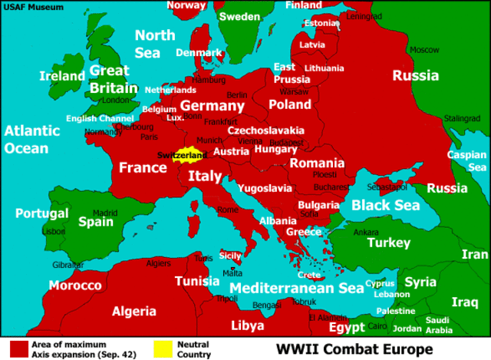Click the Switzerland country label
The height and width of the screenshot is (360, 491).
click(x=181, y=156)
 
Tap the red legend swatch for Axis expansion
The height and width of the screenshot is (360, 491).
click(x=19, y=349)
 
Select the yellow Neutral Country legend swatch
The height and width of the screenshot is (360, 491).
click(x=162, y=349)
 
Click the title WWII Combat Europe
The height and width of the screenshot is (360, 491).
click(x=354, y=349)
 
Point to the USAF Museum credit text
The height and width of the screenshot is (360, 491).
click(x=30, y=7)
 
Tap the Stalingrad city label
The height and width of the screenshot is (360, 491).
click(x=463, y=118)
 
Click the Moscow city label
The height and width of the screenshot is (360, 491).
click(x=424, y=50)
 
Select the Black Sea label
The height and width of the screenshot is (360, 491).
click(x=386, y=205)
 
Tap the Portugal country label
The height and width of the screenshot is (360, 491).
click(x=42, y=213)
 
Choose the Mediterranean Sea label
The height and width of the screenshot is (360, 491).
click(x=297, y=288)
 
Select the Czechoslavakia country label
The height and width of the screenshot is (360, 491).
click(x=265, y=130)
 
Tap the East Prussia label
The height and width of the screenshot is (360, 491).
click(x=292, y=73)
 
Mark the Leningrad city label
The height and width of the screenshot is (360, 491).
click(x=364, y=16)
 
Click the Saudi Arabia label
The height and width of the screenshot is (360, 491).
click(x=439, y=325)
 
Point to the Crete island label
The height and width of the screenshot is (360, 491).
click(x=309, y=275)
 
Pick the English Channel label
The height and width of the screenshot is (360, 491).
click(x=100, y=118)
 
